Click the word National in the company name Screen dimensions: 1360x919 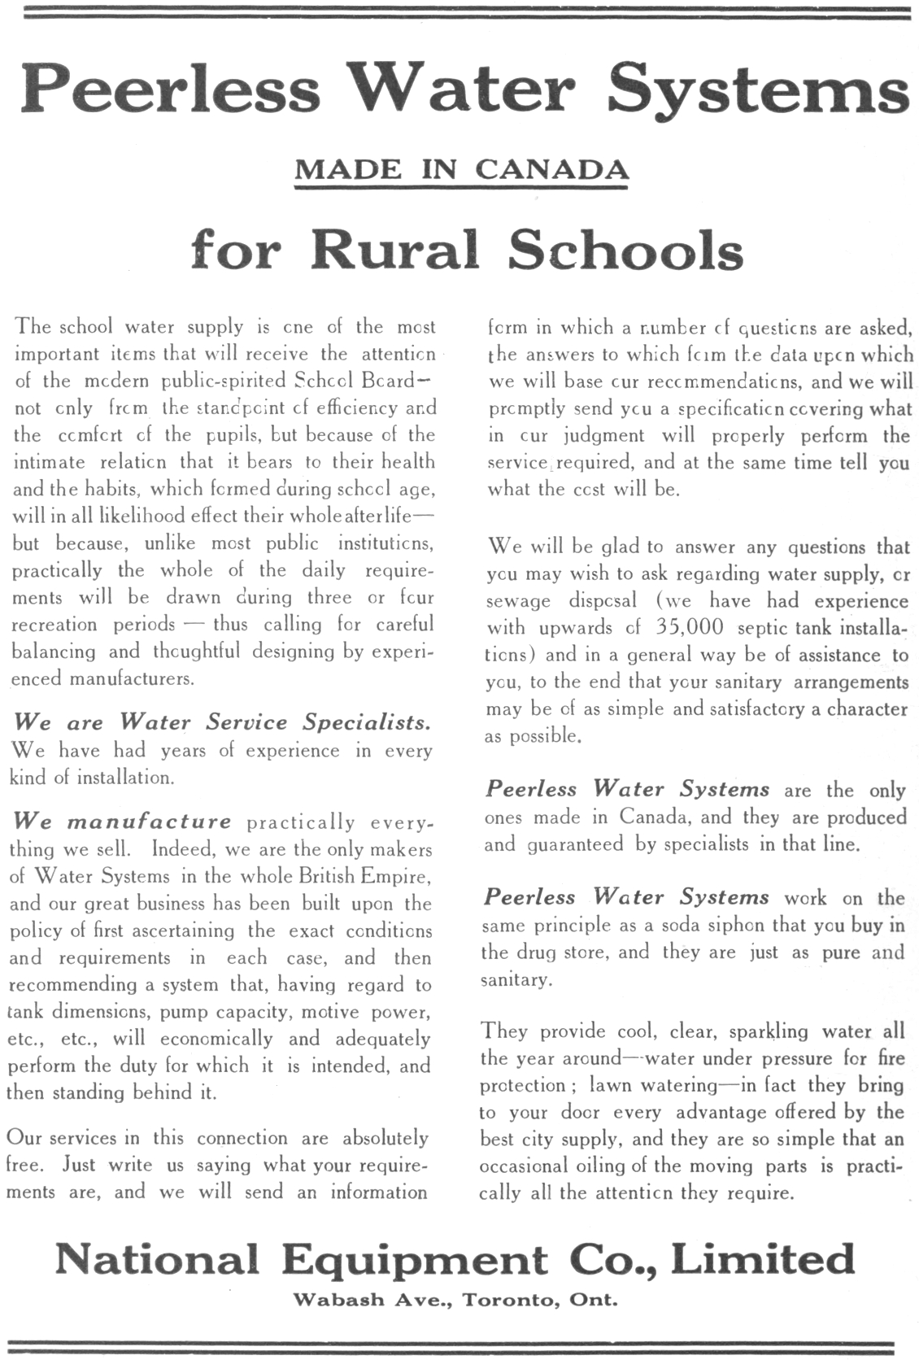(157, 1259)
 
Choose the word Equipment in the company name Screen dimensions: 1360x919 (415, 1261)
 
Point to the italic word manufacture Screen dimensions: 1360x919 (149, 822)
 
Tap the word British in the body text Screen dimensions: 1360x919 (312, 876)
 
